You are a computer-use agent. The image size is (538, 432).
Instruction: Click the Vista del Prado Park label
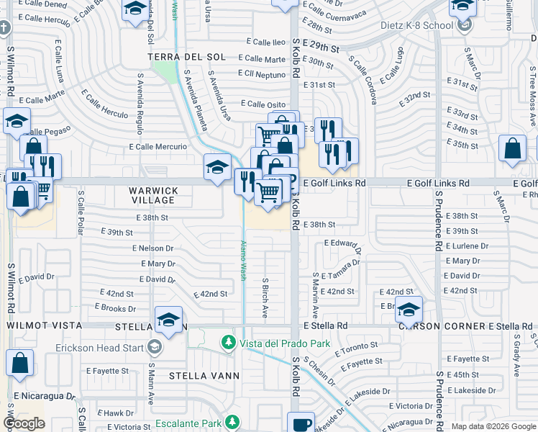tap(285, 343)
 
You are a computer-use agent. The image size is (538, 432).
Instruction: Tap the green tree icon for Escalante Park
tap(232, 422)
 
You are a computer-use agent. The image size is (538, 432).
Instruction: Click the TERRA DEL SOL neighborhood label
tap(186, 56)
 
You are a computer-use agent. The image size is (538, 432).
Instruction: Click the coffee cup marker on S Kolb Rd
tap(301, 423)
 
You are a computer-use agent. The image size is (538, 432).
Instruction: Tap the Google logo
tap(24, 423)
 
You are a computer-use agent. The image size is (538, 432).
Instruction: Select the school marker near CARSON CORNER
tap(409, 310)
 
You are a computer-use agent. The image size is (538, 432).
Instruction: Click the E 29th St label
tap(321, 47)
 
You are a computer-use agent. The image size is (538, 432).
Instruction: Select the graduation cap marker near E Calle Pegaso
tap(17, 122)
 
